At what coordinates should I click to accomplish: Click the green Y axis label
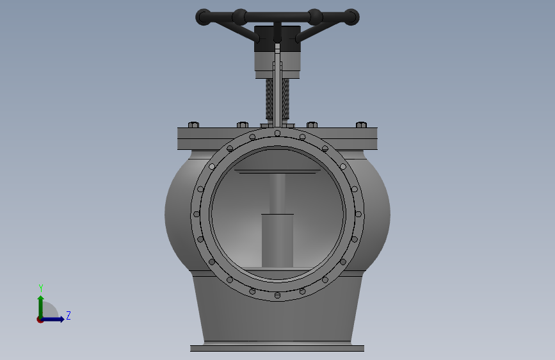coord(41,288)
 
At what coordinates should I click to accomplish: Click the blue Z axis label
coord(68,315)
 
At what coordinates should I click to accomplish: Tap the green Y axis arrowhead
coord(41,299)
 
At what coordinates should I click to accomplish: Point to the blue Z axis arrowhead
coord(61,319)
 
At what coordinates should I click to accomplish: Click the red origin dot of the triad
coord(40,320)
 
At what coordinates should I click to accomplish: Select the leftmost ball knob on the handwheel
coord(204,17)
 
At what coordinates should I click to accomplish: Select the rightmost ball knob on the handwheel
coord(351,17)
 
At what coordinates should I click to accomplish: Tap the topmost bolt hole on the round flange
coord(278,133)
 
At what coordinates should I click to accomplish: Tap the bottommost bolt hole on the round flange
coord(278,295)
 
